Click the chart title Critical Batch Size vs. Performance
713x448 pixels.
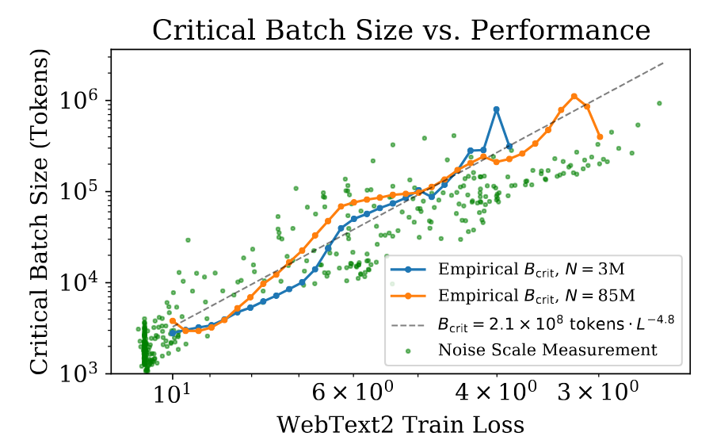point(401,30)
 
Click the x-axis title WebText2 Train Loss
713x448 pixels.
point(400,425)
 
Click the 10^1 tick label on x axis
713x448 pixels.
point(171,393)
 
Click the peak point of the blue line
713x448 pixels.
point(497,109)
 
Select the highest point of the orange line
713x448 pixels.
point(574,97)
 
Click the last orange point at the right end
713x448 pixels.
point(600,137)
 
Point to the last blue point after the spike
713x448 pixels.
point(509,147)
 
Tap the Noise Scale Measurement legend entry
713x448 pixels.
point(547,350)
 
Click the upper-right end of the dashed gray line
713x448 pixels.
point(663,62)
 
